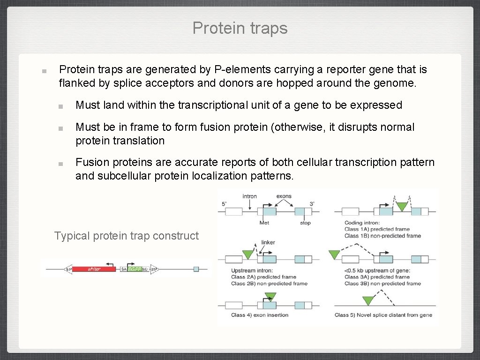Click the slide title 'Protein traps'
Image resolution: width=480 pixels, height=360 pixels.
click(240, 28)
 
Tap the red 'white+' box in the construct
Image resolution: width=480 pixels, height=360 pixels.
click(94, 269)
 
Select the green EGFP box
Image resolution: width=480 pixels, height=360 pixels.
click(135, 269)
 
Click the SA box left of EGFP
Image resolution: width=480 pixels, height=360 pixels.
click(124, 269)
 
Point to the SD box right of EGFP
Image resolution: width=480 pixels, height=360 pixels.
click(145, 269)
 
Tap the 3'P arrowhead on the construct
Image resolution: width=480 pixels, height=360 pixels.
click(154, 269)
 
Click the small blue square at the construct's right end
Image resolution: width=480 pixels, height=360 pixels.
click(196, 269)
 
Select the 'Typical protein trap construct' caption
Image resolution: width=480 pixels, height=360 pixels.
click(127, 236)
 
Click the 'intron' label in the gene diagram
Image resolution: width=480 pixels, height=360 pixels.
click(249, 196)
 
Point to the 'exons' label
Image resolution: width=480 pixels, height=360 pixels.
click(284, 196)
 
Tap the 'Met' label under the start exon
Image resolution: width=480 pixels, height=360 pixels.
click(264, 223)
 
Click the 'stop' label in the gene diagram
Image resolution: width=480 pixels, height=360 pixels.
click(305, 223)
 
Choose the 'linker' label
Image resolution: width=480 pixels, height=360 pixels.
click(268, 242)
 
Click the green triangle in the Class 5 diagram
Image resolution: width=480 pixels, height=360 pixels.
click(368, 300)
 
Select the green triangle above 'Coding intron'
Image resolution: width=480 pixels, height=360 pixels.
click(402, 205)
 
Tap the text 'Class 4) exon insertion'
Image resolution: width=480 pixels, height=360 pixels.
click(260, 315)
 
